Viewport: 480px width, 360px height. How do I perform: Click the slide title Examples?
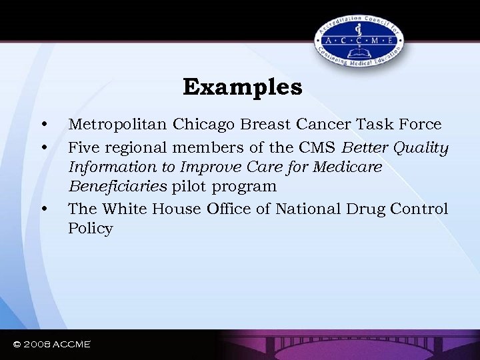pyautogui.click(x=243, y=87)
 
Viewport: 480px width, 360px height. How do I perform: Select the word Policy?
pyautogui.click(x=90, y=229)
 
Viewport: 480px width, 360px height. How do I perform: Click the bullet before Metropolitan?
pyautogui.click(x=43, y=125)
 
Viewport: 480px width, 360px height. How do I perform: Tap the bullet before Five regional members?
pyautogui.click(x=43, y=146)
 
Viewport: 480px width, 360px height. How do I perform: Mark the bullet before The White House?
pyautogui.click(x=43, y=209)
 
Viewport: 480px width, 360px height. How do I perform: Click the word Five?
pyautogui.click(x=84, y=146)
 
